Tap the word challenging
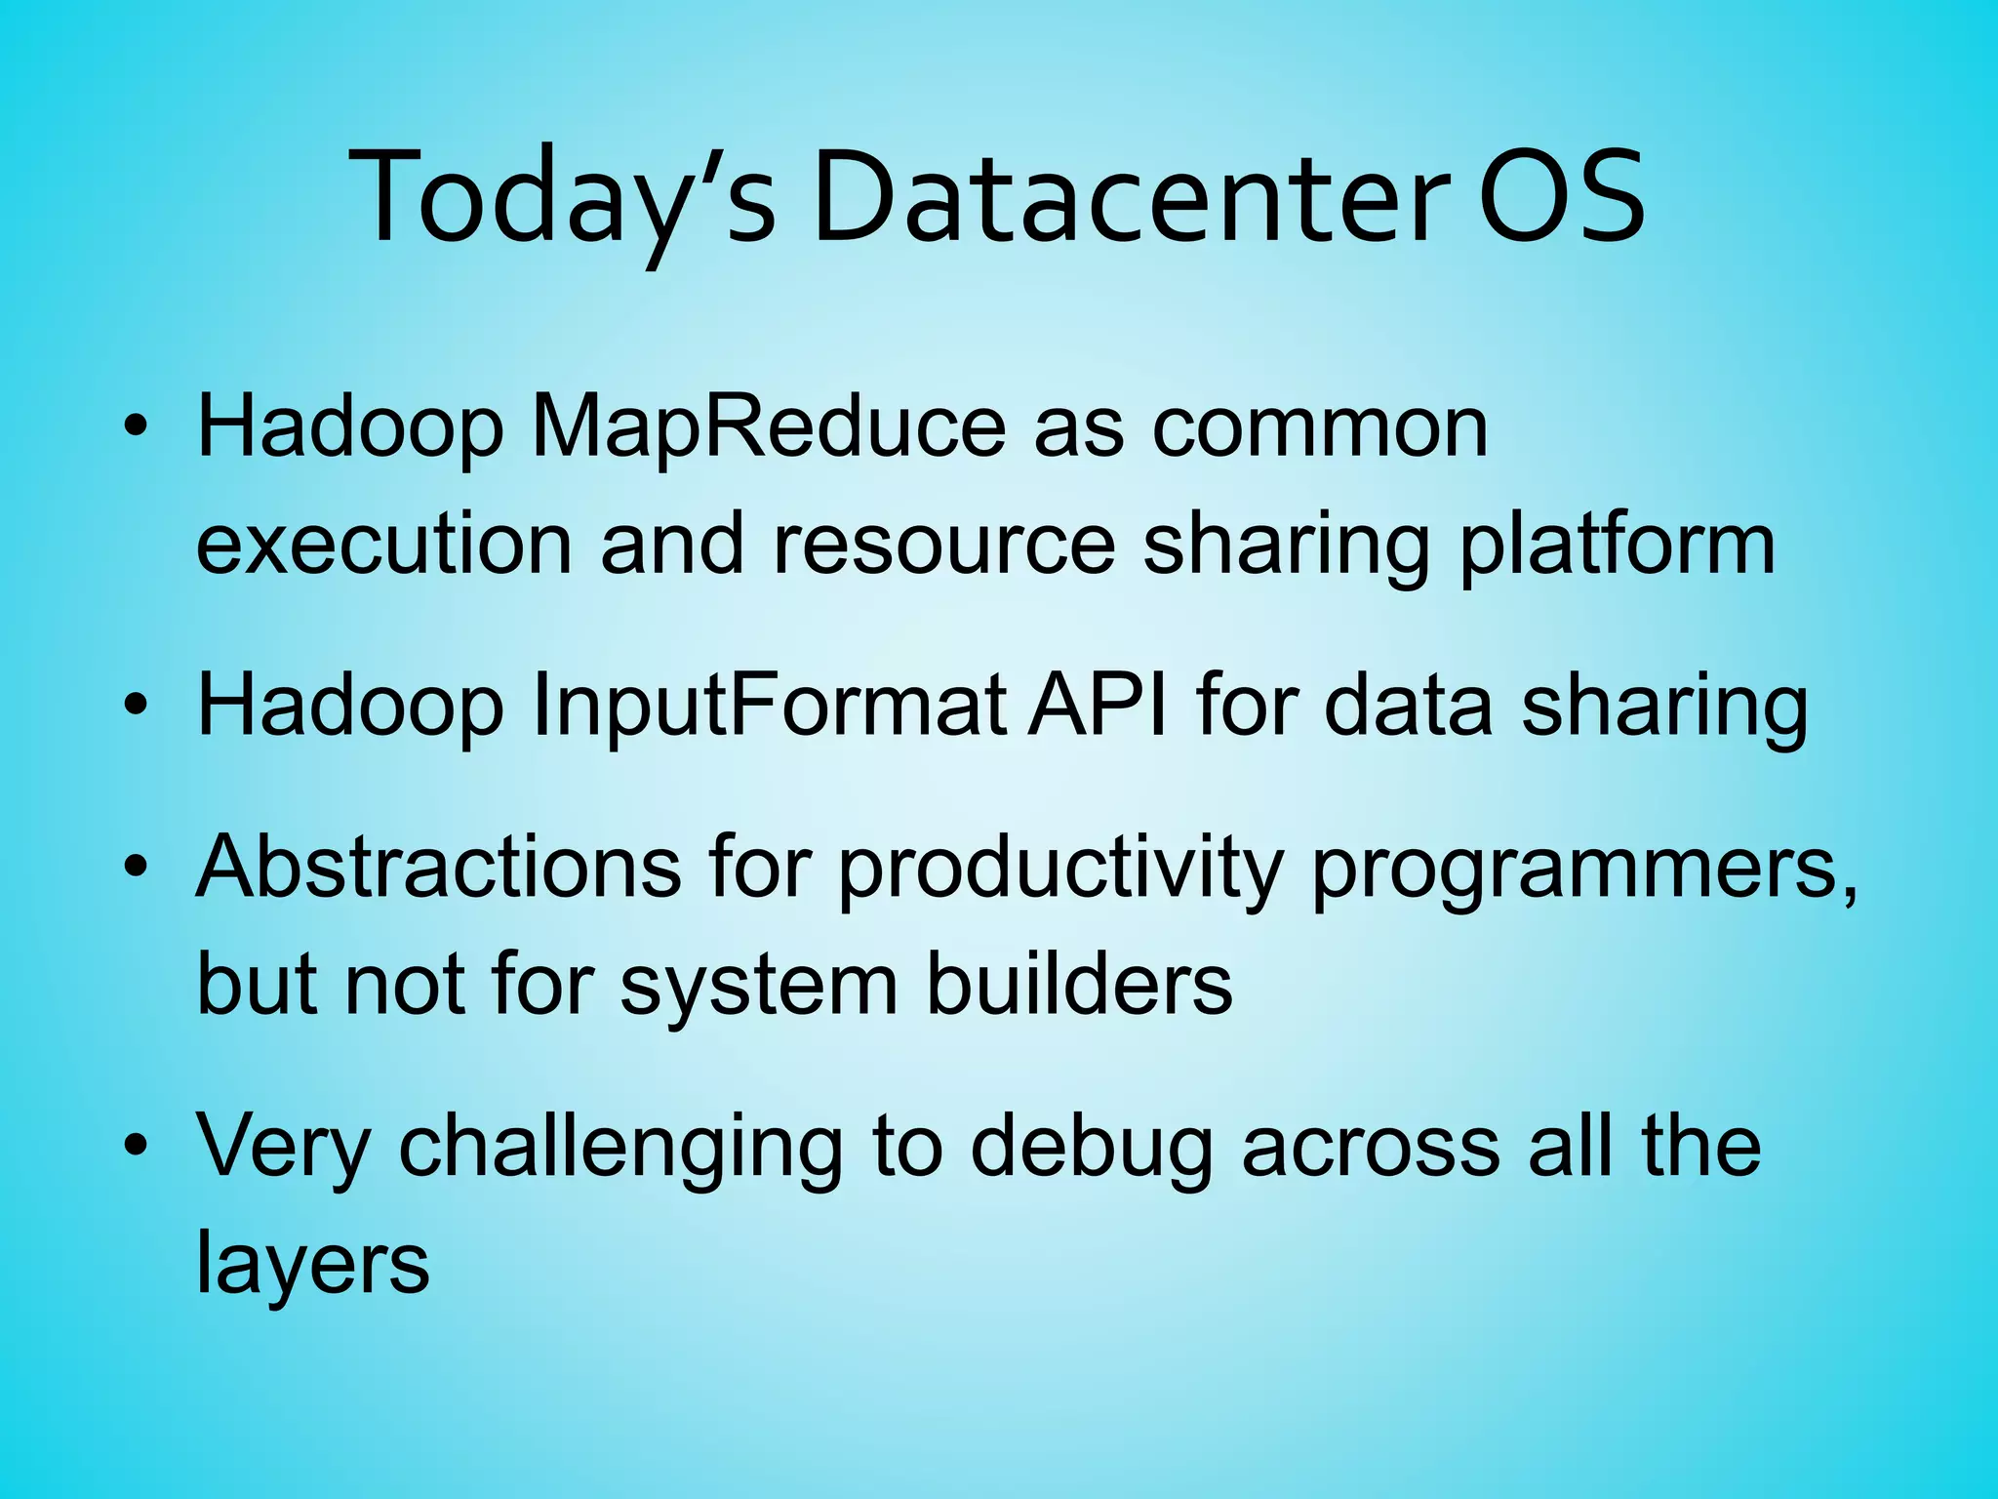click(x=620, y=1146)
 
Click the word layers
click(x=313, y=1263)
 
